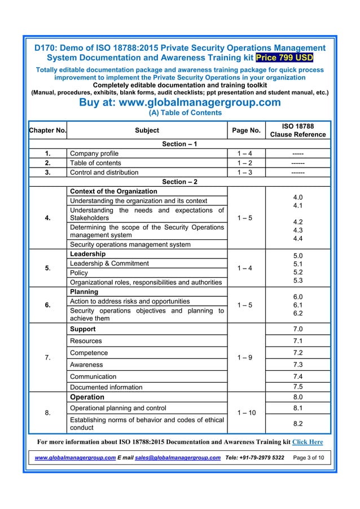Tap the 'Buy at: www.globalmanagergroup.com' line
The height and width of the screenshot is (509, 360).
coord(179,102)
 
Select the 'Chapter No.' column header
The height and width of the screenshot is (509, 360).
coord(48,130)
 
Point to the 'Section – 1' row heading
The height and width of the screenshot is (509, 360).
coord(179,144)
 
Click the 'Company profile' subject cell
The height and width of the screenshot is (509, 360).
coord(94,153)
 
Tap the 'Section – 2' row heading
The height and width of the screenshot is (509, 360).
coord(179,182)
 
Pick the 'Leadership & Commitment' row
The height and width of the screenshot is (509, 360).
coord(108,264)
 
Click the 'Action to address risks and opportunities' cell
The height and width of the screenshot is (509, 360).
coord(129,301)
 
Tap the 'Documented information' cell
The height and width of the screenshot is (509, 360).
coord(106,387)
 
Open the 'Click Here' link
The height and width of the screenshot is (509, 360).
coord(308,441)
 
